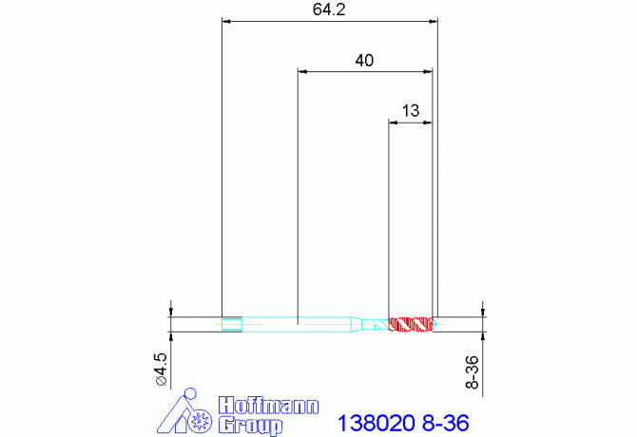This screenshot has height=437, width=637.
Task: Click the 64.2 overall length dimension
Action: point(327,10)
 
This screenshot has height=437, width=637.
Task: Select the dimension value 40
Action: point(364,60)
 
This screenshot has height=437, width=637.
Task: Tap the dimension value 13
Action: point(411,110)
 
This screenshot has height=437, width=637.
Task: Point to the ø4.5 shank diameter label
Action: point(161,369)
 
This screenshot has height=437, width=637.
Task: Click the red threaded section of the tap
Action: point(411,324)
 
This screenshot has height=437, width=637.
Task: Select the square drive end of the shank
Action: point(231,324)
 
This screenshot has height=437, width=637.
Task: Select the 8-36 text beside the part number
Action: point(443,420)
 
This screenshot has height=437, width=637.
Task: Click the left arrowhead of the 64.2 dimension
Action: point(225,20)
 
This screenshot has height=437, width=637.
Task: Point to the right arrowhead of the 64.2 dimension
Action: point(434,20)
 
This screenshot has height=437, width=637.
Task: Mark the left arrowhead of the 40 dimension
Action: point(301,70)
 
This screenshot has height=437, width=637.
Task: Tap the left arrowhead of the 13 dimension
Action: point(394,122)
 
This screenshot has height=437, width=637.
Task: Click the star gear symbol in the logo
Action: point(201,421)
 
